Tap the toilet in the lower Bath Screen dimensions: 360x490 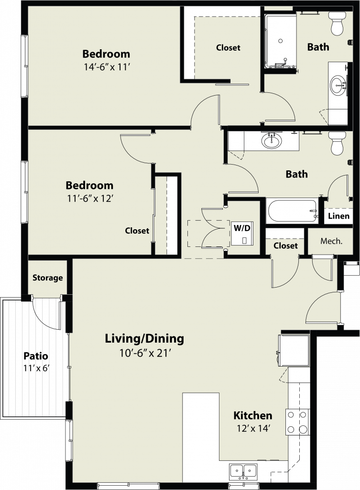tap(337, 143)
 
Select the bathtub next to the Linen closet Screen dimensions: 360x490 tap(293, 211)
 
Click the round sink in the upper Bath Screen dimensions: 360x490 tap(338, 85)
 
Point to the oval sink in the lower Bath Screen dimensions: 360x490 tap(272, 141)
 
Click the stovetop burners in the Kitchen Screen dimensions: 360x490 tap(297, 422)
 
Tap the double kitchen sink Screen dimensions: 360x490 tap(243, 471)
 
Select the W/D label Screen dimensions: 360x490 tap(242, 228)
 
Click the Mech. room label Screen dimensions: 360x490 tap(331, 241)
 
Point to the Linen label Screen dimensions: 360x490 tap(338, 216)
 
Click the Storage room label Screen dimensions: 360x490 tap(47, 278)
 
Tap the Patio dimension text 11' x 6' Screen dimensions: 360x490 tap(36, 368)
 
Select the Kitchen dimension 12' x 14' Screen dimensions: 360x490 tap(253, 428)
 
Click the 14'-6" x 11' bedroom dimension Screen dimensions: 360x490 tap(107, 67)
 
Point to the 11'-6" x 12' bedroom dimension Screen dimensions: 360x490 tap(89, 199)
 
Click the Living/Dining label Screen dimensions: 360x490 tap(144, 338)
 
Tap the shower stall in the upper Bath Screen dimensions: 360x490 tap(280, 41)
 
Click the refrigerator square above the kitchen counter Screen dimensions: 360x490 tap(294, 350)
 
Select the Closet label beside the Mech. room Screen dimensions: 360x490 tap(285, 245)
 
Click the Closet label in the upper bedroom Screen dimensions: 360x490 tap(228, 47)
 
